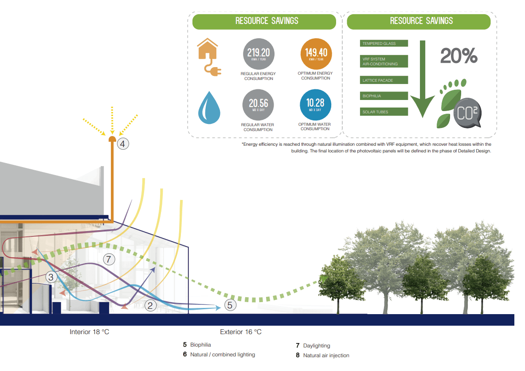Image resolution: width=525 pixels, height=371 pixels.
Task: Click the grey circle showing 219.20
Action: pos(259,54)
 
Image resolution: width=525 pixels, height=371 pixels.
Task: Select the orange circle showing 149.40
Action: pos(316,54)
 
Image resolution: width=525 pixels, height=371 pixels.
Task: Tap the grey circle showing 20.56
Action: pos(258,105)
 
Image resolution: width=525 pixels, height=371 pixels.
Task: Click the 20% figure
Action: pos(458,56)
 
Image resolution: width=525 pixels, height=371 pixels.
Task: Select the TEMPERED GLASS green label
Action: pos(384,44)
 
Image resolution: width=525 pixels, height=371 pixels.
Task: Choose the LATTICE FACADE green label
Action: pos(384,80)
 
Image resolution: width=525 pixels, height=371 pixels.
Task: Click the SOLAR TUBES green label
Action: pos(384,112)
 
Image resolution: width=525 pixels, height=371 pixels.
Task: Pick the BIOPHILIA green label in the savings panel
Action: pos(384,96)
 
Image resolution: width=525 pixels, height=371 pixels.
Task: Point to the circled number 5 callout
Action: pos(230,305)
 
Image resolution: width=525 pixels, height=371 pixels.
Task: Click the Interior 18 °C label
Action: pos(89,332)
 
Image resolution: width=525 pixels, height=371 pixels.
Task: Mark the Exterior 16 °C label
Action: pos(241,332)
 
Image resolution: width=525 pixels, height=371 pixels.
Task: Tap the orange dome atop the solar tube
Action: pos(112,139)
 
